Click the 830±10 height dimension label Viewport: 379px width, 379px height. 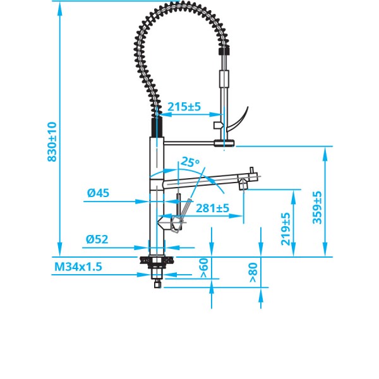[52, 142]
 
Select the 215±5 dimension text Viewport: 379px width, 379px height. [184, 107]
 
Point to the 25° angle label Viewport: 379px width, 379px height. [189, 162]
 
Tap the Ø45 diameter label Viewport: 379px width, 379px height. [99, 194]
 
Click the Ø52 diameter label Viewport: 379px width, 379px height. [98, 239]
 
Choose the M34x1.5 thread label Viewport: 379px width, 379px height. [78, 267]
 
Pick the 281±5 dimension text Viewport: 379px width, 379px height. [212, 208]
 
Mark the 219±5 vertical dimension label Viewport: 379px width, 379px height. [286, 229]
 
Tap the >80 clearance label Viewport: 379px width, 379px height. [253, 272]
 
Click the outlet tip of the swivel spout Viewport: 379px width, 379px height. [243, 185]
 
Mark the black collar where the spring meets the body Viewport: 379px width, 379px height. [156, 128]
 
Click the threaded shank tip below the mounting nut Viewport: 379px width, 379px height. [155, 282]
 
